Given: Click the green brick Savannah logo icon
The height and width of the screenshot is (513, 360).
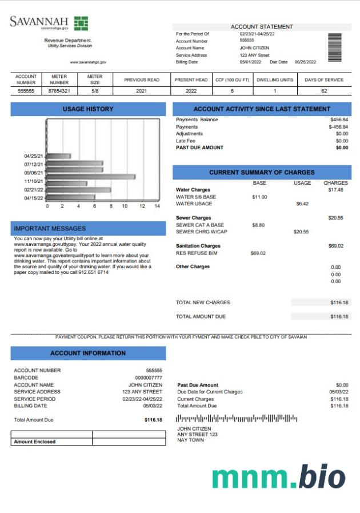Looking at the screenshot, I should point(81,23).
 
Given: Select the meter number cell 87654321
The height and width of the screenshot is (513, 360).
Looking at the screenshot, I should point(59,90).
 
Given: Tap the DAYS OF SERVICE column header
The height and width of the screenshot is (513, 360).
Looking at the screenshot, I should point(324,79).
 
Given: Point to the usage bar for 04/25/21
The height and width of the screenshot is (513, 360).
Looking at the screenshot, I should point(58,156).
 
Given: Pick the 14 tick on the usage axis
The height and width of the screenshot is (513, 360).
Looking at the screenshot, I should point(157,206).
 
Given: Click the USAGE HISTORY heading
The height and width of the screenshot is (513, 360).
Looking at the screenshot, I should point(88,109).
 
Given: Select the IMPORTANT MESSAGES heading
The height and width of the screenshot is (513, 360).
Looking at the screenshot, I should point(50,228).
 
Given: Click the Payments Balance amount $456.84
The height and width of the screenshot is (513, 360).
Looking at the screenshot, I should point(339,120).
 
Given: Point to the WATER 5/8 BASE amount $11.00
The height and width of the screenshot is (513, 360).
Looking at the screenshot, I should point(259,197).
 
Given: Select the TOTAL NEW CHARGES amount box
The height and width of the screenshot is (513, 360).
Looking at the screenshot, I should point(321,302).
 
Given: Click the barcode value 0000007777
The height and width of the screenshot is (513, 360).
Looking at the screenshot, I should point(149,377).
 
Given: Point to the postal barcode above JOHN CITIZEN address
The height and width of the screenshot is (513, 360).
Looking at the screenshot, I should point(237,419).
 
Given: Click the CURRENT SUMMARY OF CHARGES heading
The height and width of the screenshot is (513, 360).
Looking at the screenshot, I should point(262,172).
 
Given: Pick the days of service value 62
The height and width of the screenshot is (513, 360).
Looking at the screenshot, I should point(324,90).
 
